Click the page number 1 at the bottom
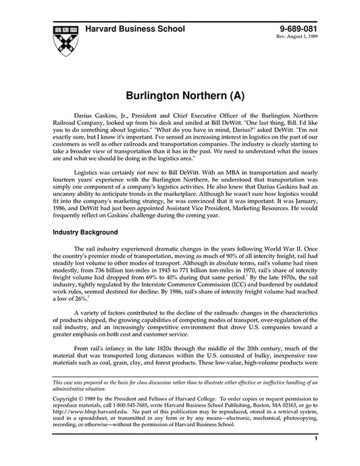point(316,457)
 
